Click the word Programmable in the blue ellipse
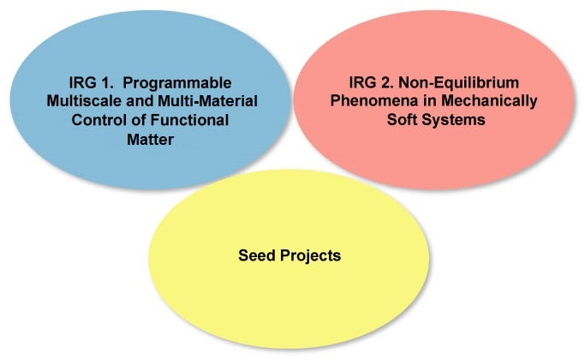[177, 83]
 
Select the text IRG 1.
[91, 82]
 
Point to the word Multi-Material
[208, 101]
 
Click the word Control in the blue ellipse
[97, 120]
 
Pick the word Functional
[189, 120]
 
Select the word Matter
[151, 140]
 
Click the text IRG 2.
[371, 82]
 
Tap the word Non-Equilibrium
[458, 82]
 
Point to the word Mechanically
[489, 102]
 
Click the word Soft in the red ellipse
[403, 120]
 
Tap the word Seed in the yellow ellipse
[257, 255]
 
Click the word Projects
[310, 256]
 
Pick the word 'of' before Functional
[136, 120]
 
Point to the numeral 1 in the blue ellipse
[107, 82]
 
